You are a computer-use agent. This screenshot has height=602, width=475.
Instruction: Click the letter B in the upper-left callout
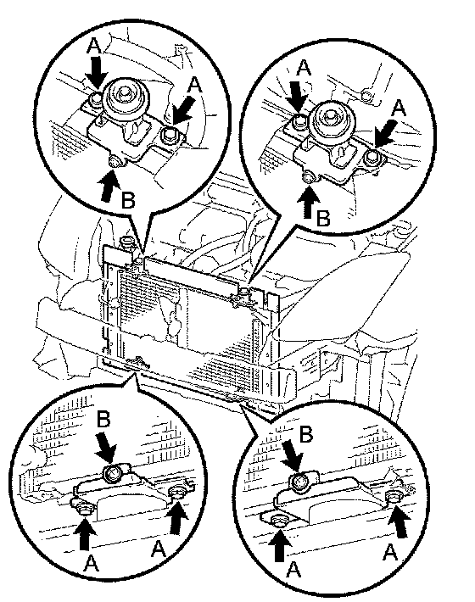click(x=128, y=199)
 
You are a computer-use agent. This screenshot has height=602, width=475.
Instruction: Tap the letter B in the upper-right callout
click(x=323, y=219)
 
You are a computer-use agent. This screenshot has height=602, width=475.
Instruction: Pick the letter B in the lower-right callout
click(x=305, y=434)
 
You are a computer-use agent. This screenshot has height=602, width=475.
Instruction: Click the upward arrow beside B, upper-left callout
click(x=109, y=187)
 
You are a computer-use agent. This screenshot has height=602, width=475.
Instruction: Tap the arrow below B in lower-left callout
click(x=106, y=446)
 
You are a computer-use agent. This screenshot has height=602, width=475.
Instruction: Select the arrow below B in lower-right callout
click(x=293, y=458)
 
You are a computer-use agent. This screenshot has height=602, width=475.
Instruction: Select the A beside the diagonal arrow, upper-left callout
click(x=195, y=85)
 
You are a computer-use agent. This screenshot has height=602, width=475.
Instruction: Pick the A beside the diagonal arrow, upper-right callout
click(x=400, y=108)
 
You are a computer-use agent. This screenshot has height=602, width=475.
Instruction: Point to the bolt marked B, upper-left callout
click(x=114, y=163)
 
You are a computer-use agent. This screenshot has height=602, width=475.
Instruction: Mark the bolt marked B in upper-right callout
click(x=309, y=178)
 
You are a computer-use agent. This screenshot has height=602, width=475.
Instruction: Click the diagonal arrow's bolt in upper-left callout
click(x=169, y=135)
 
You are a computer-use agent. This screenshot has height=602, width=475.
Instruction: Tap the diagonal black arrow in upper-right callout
click(x=385, y=133)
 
